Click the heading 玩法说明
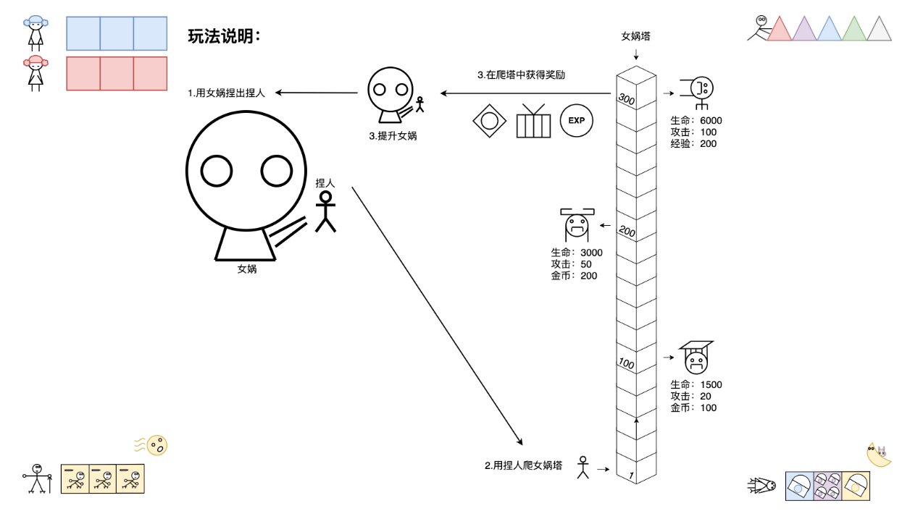click(x=224, y=35)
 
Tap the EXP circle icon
click(x=576, y=120)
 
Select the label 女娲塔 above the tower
click(x=635, y=35)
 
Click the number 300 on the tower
click(x=626, y=100)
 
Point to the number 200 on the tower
click(x=626, y=232)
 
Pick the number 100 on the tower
click(x=626, y=363)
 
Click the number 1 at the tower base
click(x=631, y=476)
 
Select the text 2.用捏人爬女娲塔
click(x=524, y=465)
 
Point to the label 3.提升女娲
click(x=393, y=135)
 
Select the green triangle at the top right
click(x=854, y=29)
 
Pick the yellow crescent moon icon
click(x=879, y=455)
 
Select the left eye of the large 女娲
click(x=217, y=171)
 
